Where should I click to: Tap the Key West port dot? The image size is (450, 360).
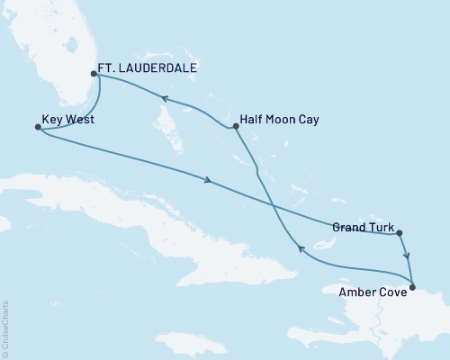[x=37, y=128]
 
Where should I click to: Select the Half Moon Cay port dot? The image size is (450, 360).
[x=234, y=126]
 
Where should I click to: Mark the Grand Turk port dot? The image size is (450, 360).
[x=399, y=233]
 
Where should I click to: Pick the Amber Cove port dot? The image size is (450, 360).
[x=412, y=288]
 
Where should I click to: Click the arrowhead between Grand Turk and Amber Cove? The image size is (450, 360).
[x=407, y=255]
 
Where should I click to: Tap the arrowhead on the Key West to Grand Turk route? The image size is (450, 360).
[x=209, y=182]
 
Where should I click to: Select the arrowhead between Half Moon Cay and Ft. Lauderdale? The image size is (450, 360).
[x=166, y=98]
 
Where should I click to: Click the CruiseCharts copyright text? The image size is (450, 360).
[x=6, y=324]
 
